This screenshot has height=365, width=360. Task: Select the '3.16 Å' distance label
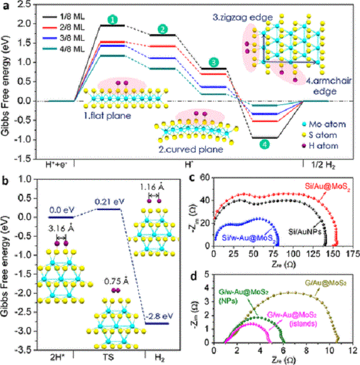[61, 229]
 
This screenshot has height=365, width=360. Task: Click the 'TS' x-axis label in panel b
[107, 355]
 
